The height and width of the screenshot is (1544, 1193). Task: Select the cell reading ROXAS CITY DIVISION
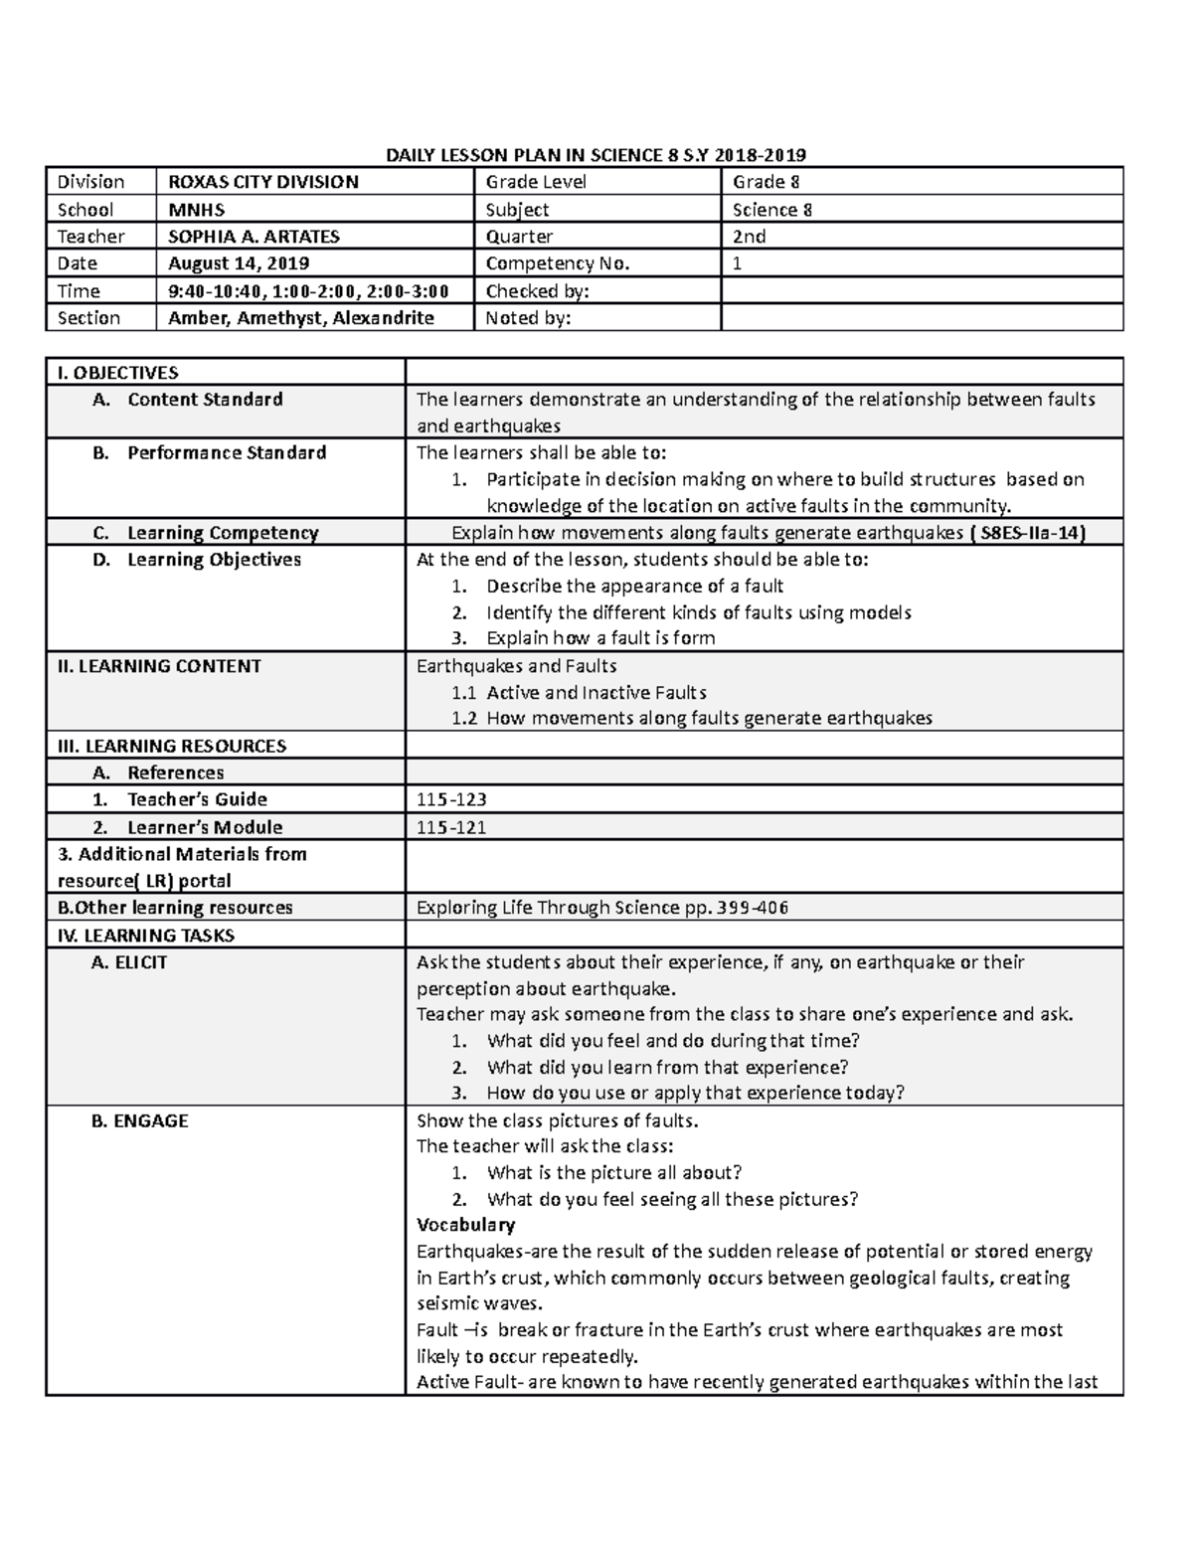click(262, 182)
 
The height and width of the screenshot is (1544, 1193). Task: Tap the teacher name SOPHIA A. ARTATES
click(254, 237)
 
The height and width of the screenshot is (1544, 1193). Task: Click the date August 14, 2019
click(239, 263)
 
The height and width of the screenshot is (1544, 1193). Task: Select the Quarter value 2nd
click(749, 237)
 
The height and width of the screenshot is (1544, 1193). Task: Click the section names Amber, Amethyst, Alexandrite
click(300, 318)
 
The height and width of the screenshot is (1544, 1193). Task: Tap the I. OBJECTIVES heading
click(117, 373)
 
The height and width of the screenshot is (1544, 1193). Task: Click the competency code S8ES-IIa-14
click(1030, 533)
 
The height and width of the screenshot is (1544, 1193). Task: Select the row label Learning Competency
click(222, 533)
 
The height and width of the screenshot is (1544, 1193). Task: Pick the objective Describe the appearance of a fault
click(634, 587)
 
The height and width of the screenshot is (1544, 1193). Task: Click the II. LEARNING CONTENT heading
click(159, 666)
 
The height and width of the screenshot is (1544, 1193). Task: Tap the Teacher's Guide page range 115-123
click(451, 799)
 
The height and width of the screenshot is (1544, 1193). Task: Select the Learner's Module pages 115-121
click(451, 827)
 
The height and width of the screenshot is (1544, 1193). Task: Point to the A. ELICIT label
click(128, 962)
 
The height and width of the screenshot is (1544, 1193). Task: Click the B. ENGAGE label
click(139, 1120)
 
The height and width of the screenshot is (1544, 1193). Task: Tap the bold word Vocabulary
click(465, 1225)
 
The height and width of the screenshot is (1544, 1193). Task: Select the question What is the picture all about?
click(613, 1173)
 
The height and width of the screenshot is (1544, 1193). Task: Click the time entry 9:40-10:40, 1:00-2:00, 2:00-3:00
click(308, 291)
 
